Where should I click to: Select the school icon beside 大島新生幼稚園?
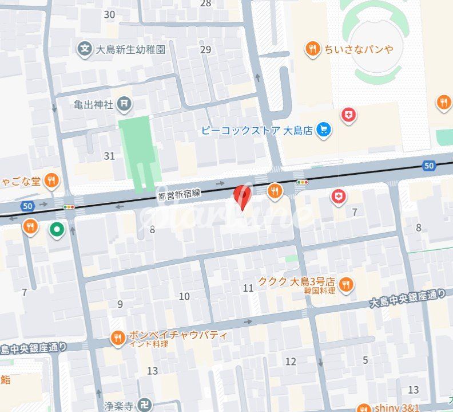[85, 49]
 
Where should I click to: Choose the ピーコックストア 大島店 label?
[257, 131]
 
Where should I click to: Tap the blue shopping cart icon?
[324, 130]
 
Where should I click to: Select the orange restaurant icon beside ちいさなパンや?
[312, 49]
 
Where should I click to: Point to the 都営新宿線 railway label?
[180, 194]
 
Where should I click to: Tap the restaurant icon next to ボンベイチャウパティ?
[118, 338]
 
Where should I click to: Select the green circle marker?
[56, 230]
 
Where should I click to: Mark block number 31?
[109, 156]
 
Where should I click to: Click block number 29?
[206, 49]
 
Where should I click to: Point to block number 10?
[184, 296]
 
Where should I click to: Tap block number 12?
[291, 361]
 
